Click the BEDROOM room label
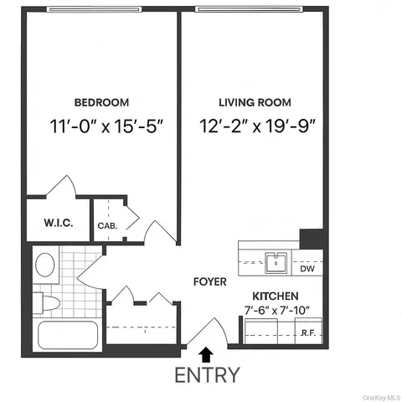click(x=101, y=103)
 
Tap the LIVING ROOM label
click(x=255, y=103)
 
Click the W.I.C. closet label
click(x=56, y=223)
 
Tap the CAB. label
click(x=107, y=225)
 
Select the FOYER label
click(x=209, y=282)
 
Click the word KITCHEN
click(x=276, y=297)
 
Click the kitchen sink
click(x=276, y=262)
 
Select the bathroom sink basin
click(x=45, y=265)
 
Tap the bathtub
click(x=66, y=338)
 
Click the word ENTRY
click(x=207, y=374)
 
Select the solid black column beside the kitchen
click(x=312, y=237)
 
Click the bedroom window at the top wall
click(x=101, y=9)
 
